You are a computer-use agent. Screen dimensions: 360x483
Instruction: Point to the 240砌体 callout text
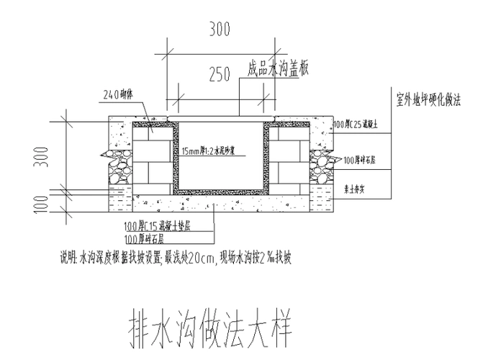[x=119, y=94]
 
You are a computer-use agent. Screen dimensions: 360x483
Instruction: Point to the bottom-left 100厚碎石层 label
[x=144, y=238]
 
